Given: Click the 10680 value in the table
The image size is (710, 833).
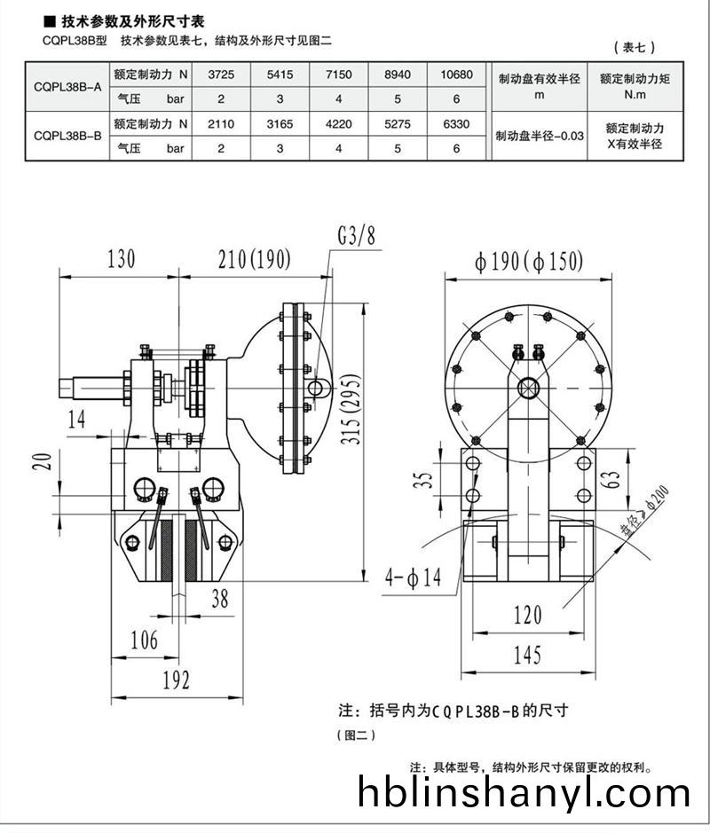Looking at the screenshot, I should point(456,75).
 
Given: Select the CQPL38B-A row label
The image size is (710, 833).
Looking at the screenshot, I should point(67,87).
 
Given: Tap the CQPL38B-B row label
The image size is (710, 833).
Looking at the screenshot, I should point(67,136).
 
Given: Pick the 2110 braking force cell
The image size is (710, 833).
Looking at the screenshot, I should point(220,124).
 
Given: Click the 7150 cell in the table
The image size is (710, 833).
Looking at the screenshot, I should point(338,75).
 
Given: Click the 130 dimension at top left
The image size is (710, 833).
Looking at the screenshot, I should point(121,259).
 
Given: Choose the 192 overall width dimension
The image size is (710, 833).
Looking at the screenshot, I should point(175,680).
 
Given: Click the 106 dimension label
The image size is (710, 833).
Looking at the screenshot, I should point(144,640).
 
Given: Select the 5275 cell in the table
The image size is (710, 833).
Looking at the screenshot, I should point(397,124).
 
